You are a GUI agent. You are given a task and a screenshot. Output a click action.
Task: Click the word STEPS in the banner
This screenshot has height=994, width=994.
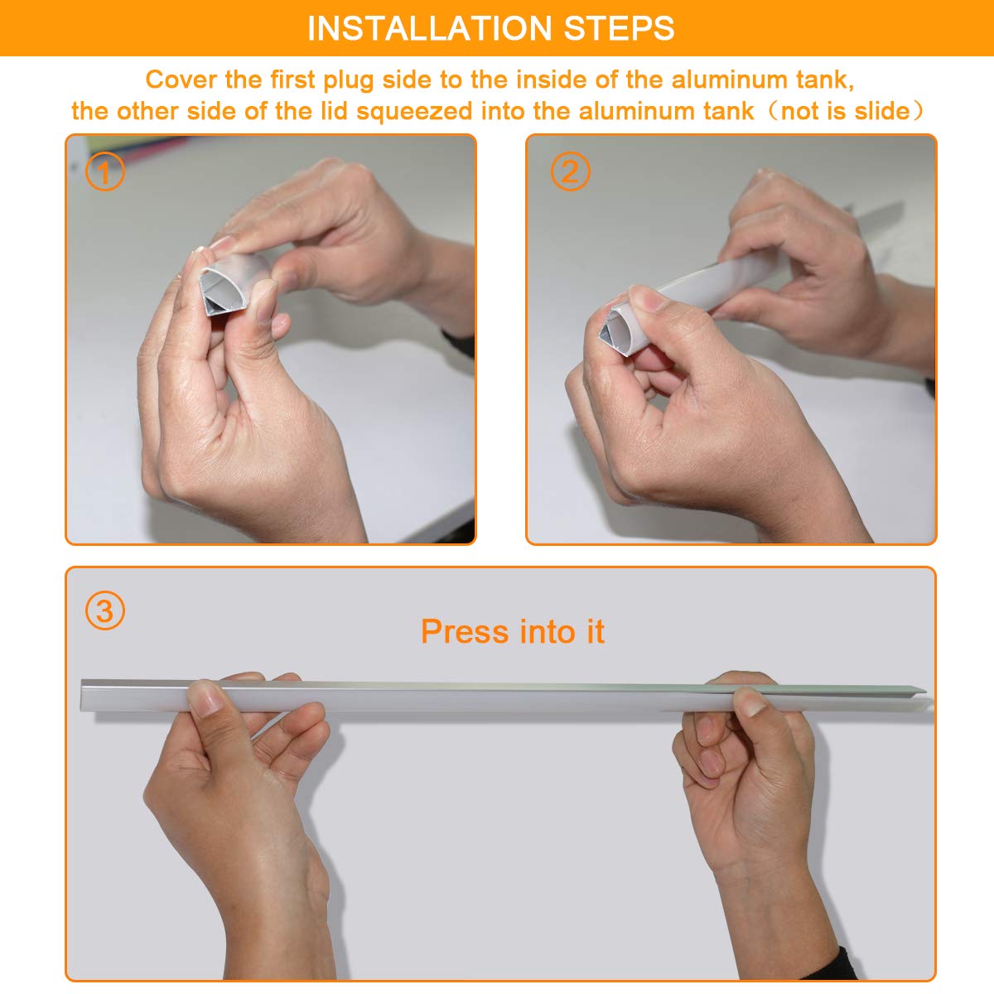click(619, 28)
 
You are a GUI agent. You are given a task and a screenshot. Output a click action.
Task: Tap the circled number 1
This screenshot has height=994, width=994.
click(104, 171)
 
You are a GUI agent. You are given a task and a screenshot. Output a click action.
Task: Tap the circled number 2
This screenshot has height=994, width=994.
click(570, 171)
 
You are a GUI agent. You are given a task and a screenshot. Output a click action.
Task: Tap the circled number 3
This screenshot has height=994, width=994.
click(104, 610)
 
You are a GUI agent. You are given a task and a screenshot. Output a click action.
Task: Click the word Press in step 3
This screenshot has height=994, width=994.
click(465, 631)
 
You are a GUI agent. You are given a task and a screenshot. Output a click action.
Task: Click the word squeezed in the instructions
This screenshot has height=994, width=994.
click(414, 112)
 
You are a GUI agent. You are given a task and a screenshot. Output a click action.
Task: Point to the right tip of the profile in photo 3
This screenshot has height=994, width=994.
click(925, 690)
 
